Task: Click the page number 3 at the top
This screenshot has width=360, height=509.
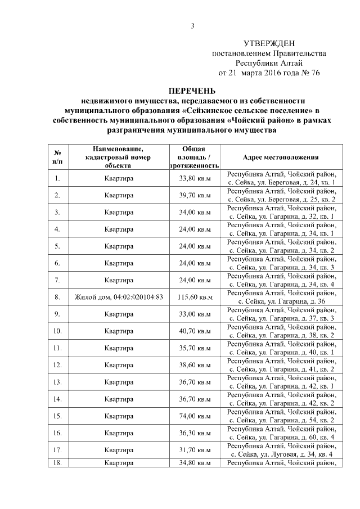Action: (x=192, y=26)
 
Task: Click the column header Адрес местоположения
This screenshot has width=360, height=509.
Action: (x=281, y=157)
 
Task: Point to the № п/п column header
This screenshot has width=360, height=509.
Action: (x=57, y=157)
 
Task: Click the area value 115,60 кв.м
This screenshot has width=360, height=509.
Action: (x=194, y=297)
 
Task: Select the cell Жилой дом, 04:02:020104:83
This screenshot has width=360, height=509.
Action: (x=119, y=297)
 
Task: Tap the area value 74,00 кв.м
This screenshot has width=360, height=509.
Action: (x=194, y=416)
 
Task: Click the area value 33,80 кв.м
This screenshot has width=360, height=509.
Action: (x=194, y=179)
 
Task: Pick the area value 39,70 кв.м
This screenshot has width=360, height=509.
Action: (x=194, y=196)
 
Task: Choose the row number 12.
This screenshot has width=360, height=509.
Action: (x=57, y=365)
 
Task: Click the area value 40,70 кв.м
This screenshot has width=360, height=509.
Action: (x=194, y=331)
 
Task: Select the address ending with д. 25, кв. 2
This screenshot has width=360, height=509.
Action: (x=281, y=196)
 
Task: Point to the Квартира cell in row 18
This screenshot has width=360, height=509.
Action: (x=119, y=463)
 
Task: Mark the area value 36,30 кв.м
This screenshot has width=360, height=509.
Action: (x=194, y=433)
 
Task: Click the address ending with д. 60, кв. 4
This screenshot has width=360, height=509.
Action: (x=281, y=433)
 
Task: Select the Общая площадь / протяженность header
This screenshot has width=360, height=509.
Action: (x=194, y=157)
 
